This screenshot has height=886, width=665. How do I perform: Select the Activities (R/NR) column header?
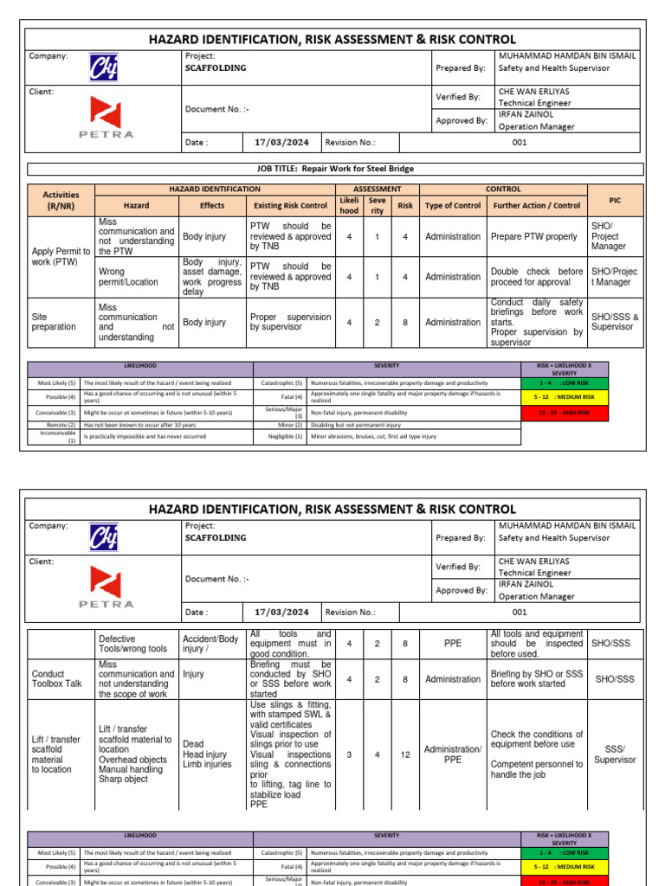pos(61,201)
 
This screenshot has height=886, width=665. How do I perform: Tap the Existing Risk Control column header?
pos(290,206)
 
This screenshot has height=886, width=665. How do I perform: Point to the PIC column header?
pos(614,200)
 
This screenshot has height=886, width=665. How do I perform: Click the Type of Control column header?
pos(452,206)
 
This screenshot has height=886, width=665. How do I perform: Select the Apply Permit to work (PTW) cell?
pos(61,256)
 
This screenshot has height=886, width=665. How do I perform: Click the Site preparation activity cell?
pos(61,322)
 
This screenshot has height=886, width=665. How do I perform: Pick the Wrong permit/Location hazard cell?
pos(136,277)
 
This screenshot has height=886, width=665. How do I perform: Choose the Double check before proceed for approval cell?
pos(536,277)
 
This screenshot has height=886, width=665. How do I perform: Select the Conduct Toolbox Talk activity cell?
pos(61,679)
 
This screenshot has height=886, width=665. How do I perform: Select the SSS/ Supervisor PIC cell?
pos(614,754)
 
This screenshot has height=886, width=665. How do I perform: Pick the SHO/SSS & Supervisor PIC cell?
pos(614,322)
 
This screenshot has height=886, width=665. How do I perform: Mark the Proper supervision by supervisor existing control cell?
pos(290,322)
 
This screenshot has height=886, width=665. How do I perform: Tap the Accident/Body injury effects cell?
pos(212,644)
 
